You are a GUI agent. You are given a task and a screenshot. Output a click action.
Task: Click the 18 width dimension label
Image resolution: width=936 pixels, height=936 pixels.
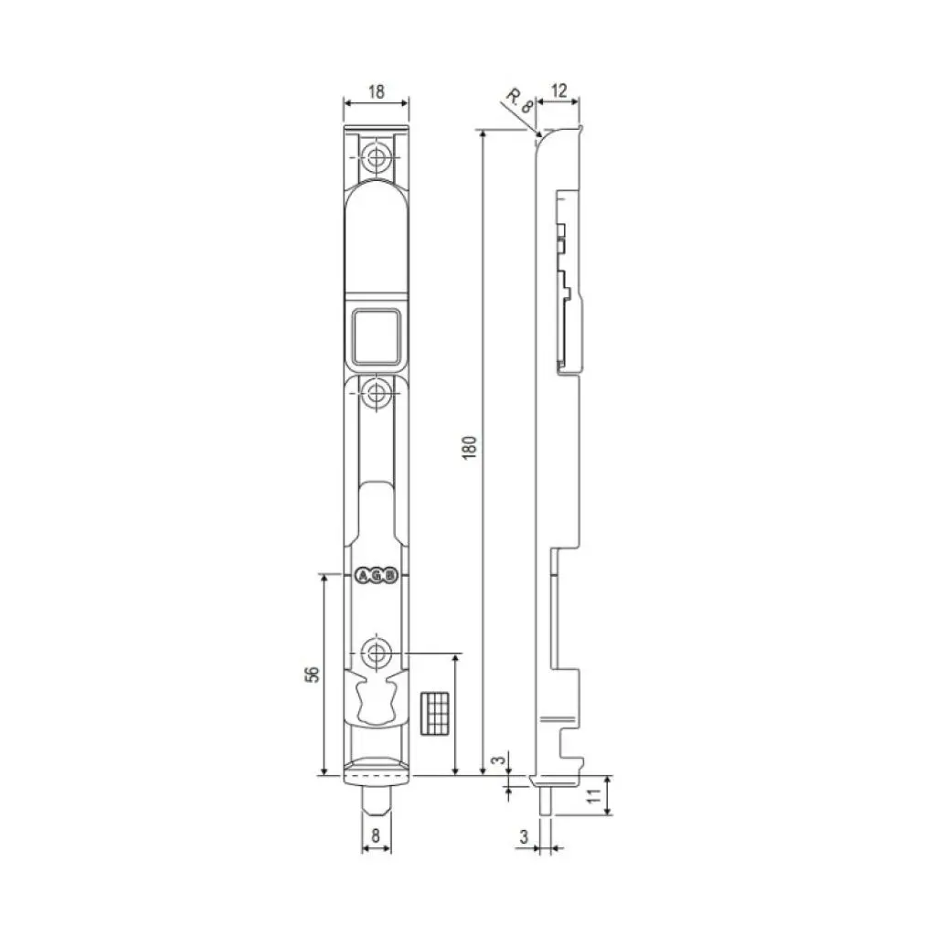(x=376, y=91)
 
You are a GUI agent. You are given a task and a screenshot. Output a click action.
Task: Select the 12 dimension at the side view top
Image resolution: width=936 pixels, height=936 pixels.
(x=559, y=90)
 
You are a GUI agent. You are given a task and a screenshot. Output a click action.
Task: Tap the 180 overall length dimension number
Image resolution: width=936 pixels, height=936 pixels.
(x=470, y=447)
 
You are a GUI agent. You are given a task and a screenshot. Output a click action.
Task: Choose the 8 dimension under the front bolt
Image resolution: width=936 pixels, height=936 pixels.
(x=376, y=833)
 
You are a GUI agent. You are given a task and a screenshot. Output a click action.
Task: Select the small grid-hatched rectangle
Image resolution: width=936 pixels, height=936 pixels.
(x=434, y=712)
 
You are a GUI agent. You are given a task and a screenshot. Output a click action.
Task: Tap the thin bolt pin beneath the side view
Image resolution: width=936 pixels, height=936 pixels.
(x=544, y=800)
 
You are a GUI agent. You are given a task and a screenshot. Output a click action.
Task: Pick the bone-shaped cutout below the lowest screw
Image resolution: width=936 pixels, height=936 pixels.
(x=376, y=699)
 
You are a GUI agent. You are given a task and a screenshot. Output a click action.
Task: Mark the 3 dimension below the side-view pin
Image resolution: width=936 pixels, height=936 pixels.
(x=524, y=835)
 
